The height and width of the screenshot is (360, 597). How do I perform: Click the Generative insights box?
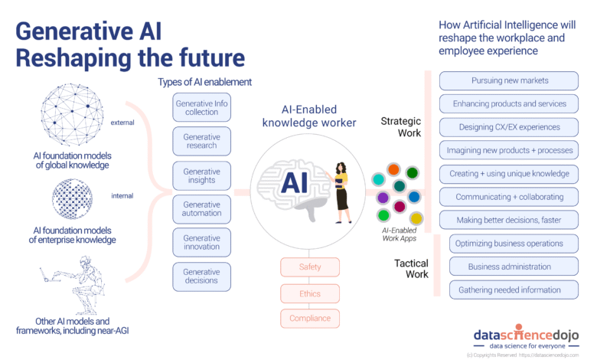pos(201,175)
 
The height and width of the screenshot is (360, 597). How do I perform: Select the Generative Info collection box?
pos(201,107)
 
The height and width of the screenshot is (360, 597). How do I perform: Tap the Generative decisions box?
pos(201,277)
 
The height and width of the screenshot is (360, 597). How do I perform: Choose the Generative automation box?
pos(201,209)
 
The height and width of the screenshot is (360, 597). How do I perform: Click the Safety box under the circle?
pos(310,267)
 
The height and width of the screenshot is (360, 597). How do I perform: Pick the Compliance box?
pos(310,319)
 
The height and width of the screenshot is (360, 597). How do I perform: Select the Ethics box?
pos(310,293)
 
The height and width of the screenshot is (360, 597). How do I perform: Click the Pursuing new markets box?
pos(509,80)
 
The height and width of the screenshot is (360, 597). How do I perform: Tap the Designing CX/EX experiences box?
pos(509,127)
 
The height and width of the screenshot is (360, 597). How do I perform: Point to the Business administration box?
pos(514,267)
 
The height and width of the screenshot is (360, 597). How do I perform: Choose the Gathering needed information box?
pos(514,290)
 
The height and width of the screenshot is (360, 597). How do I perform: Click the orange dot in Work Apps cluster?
pos(393,169)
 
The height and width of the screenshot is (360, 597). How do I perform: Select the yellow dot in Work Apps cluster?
pos(416,218)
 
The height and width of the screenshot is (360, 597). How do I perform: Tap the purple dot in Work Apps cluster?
pos(383,198)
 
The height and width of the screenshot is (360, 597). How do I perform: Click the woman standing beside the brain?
pos(342,192)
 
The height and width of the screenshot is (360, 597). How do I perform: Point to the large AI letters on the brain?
pos(294,182)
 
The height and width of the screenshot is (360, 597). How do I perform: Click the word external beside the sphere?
pos(122,123)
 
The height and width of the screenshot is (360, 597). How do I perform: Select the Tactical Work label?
pos(411,269)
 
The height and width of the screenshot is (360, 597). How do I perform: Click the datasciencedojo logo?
pos(526,338)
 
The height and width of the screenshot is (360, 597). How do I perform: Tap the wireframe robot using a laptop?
pos(74,285)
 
